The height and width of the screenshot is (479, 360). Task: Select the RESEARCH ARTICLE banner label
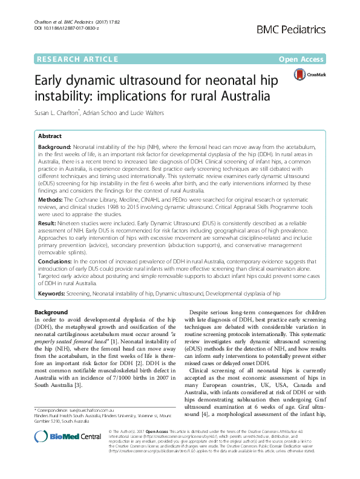(77, 59)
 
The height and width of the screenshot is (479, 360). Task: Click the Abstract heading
(50, 137)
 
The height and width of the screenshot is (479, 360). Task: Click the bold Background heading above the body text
(51, 312)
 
